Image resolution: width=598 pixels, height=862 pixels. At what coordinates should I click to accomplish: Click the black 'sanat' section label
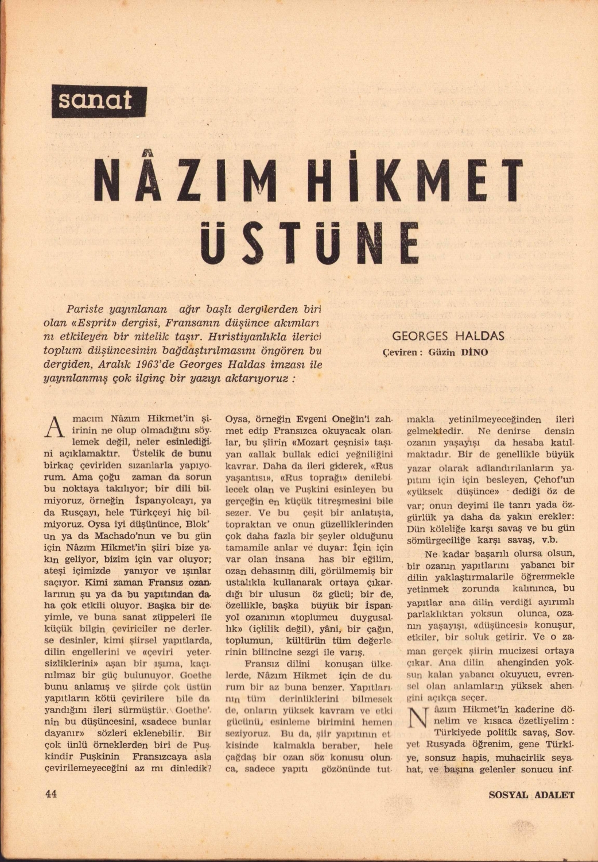[99, 102]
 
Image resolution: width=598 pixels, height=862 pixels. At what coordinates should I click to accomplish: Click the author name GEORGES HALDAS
[448, 336]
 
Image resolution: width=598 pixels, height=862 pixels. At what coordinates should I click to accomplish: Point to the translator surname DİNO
[474, 352]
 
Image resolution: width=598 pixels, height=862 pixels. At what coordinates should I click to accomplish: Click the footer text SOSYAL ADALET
[531, 795]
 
